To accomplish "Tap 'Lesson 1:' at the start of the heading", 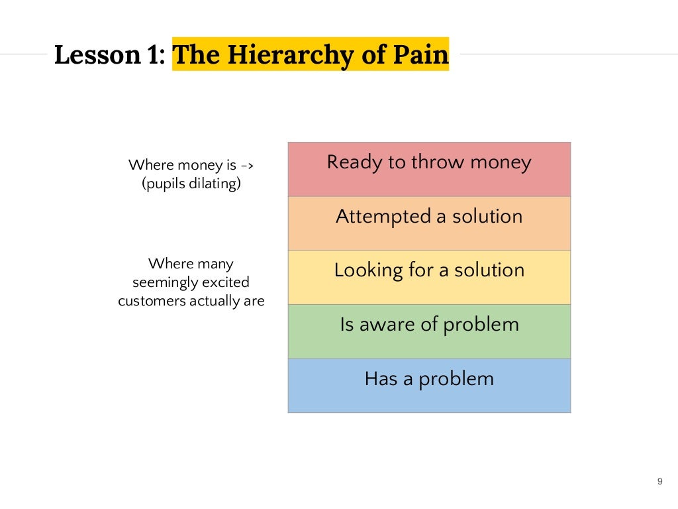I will click(x=110, y=55).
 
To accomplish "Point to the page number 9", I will click(x=659, y=481).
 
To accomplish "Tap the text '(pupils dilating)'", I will click(x=191, y=184).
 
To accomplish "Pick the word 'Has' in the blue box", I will click(x=380, y=379).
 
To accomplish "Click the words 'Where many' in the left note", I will click(x=191, y=264).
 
